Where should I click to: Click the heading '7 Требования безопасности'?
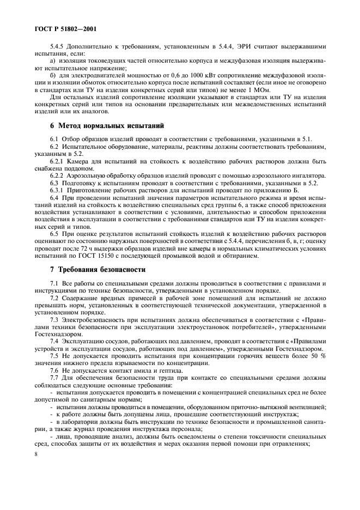(x=91, y=270)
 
